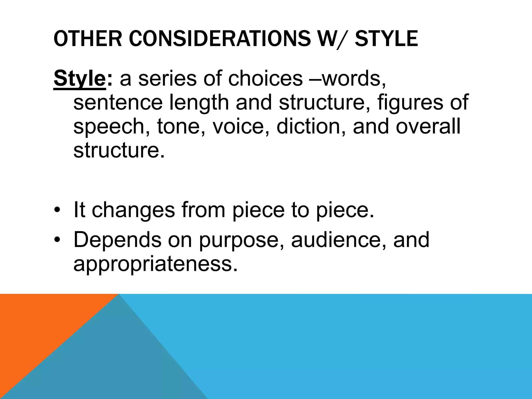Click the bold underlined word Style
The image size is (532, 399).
click(x=79, y=79)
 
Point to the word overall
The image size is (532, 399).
click(x=428, y=127)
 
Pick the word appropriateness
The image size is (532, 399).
click(x=155, y=264)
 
